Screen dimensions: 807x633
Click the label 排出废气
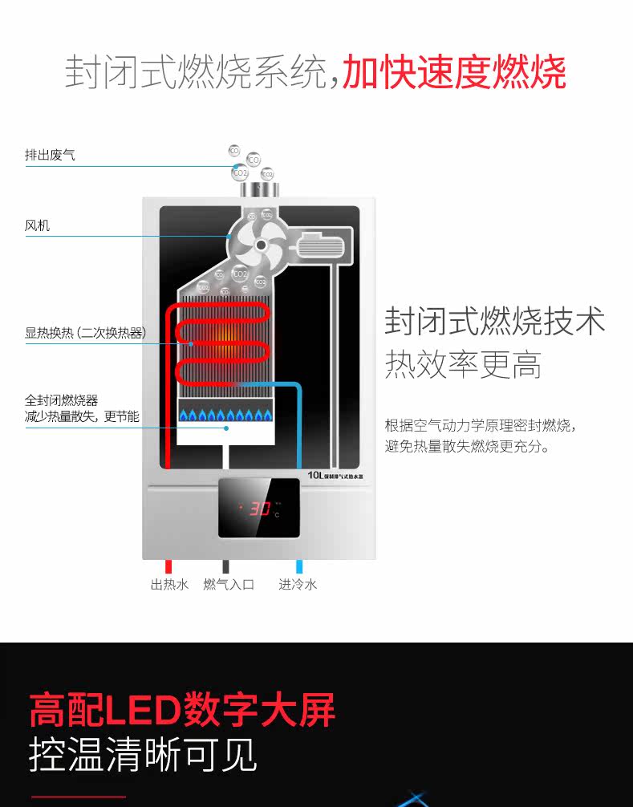(50, 155)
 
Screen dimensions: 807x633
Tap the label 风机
(37, 225)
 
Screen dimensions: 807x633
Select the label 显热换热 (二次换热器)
(85, 332)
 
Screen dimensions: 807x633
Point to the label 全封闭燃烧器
(61, 400)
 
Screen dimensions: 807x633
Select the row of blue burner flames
(227, 416)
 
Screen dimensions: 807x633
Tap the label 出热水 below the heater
(169, 584)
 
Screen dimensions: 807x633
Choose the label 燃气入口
(229, 584)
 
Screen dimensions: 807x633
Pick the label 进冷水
(298, 584)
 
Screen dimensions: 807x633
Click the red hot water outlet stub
(168, 566)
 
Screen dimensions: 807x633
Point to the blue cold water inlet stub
(299, 566)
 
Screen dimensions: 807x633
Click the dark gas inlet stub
(227, 566)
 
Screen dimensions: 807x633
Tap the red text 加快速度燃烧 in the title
(454, 72)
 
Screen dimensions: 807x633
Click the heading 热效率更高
(463, 364)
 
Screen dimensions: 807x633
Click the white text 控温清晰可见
(144, 753)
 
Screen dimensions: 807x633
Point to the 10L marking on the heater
(315, 475)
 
